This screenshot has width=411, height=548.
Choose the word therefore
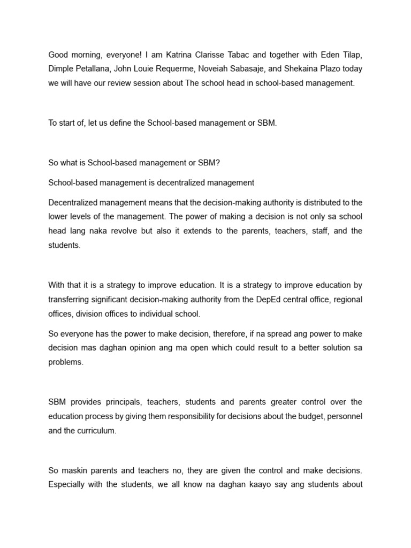pos(221,334)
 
